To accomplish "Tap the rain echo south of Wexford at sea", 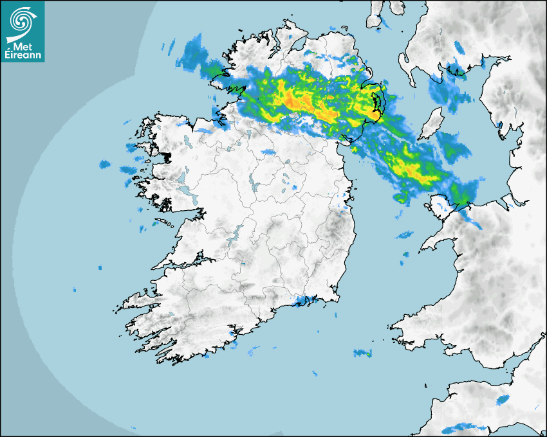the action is [x=362, y=353].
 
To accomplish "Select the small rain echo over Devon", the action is [x=502, y=400].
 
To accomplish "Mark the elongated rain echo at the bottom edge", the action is [x=463, y=426].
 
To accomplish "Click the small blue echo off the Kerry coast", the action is [x=100, y=267].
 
